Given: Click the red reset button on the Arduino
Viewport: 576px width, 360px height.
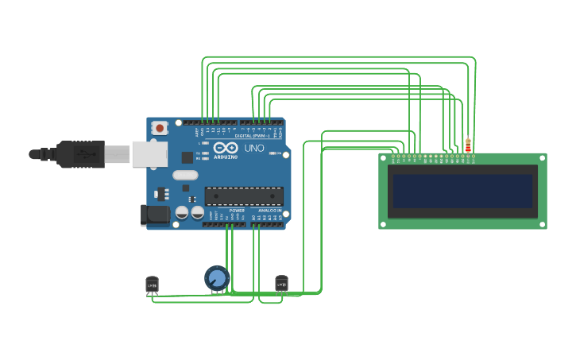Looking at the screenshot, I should pyautogui.click(x=160, y=127).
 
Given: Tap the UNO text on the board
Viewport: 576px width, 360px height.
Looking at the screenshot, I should pyautogui.click(x=254, y=149).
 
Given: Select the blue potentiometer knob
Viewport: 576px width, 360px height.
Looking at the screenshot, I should pyautogui.click(x=217, y=278).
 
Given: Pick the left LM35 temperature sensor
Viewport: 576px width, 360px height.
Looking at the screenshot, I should pyautogui.click(x=152, y=285).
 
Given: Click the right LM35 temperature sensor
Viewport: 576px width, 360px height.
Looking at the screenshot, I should pyautogui.click(x=281, y=284).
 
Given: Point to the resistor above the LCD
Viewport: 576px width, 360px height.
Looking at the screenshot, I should pyautogui.click(x=468, y=145).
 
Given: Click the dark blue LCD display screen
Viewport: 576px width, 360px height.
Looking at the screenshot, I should pyautogui.click(x=462, y=191).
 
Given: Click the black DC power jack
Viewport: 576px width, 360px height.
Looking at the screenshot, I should pyautogui.click(x=155, y=215).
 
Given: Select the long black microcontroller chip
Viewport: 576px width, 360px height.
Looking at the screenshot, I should pyautogui.click(x=244, y=196).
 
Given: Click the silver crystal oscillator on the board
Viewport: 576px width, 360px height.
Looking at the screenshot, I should pyautogui.click(x=184, y=175).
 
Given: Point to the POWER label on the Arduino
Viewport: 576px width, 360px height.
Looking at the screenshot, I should pyautogui.click(x=237, y=211).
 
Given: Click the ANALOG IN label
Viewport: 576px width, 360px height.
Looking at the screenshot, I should pyautogui.click(x=269, y=211).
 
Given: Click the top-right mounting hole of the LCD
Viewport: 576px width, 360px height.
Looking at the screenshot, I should pyautogui.click(x=542, y=158).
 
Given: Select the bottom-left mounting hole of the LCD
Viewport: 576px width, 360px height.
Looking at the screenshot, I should pyautogui.click(x=383, y=224).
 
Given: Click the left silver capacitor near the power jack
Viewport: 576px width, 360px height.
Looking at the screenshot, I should pyautogui.click(x=181, y=212).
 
